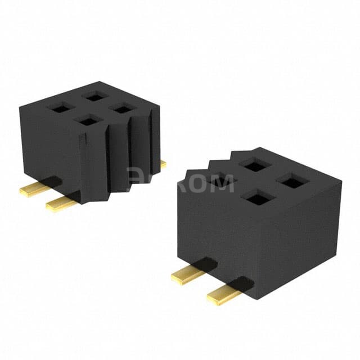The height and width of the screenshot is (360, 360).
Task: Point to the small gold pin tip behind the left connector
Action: (163, 164)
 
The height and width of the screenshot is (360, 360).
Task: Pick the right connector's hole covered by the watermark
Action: (222, 179)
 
